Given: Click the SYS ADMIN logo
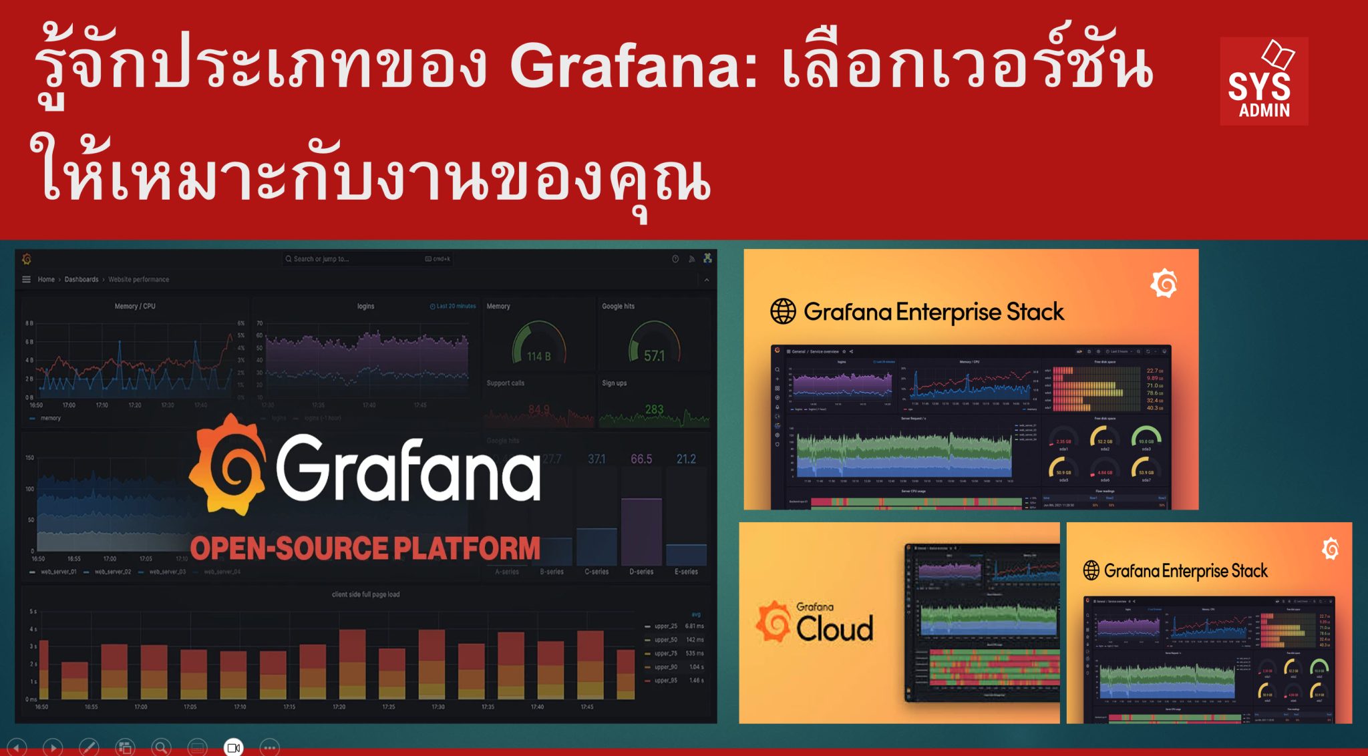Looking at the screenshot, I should click(1263, 81).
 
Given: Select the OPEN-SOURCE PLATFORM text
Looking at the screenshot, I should click(365, 548).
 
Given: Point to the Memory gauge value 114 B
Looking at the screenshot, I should click(538, 357).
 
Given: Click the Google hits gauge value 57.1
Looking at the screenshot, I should click(654, 356).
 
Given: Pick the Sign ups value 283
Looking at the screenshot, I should click(654, 409).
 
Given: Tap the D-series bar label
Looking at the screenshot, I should click(641, 572).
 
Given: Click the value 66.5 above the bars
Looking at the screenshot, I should click(641, 459).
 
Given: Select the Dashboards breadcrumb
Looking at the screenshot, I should click(81, 279).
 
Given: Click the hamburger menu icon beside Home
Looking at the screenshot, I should click(27, 279).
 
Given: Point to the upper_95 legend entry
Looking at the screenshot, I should click(666, 681).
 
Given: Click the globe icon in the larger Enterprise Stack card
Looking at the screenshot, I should click(783, 311).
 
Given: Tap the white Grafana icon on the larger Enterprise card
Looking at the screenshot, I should click(1164, 284).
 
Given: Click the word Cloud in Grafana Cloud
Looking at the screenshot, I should click(834, 628).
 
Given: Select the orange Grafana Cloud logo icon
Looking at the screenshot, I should click(774, 621).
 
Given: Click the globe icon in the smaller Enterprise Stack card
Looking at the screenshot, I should click(1091, 570).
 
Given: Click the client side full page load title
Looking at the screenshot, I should click(365, 594).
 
